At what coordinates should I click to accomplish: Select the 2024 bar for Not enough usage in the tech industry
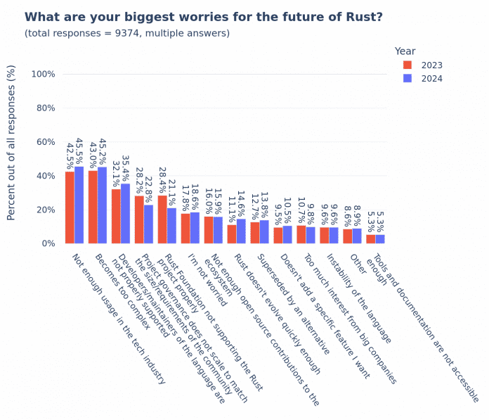pyautogui.click(x=79, y=205)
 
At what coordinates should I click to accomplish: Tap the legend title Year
pyautogui.click(x=405, y=51)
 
